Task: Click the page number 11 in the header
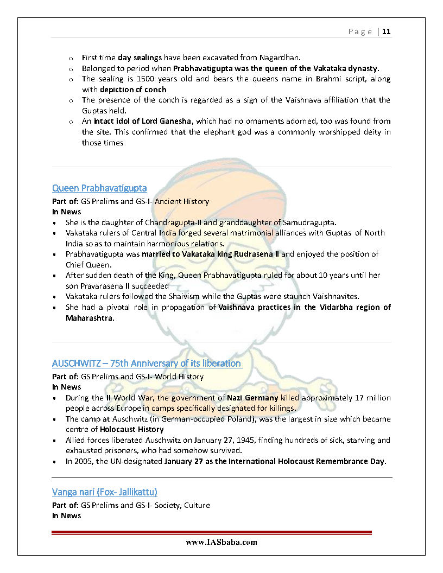pos(386,31)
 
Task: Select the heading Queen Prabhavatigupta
pos(99,188)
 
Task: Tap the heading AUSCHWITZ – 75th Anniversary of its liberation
pos(147,363)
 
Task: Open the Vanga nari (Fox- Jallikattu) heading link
pos(105,492)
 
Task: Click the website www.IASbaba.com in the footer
pos(221,542)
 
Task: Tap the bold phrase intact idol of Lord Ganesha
pos(144,121)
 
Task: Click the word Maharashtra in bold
pos(90,318)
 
